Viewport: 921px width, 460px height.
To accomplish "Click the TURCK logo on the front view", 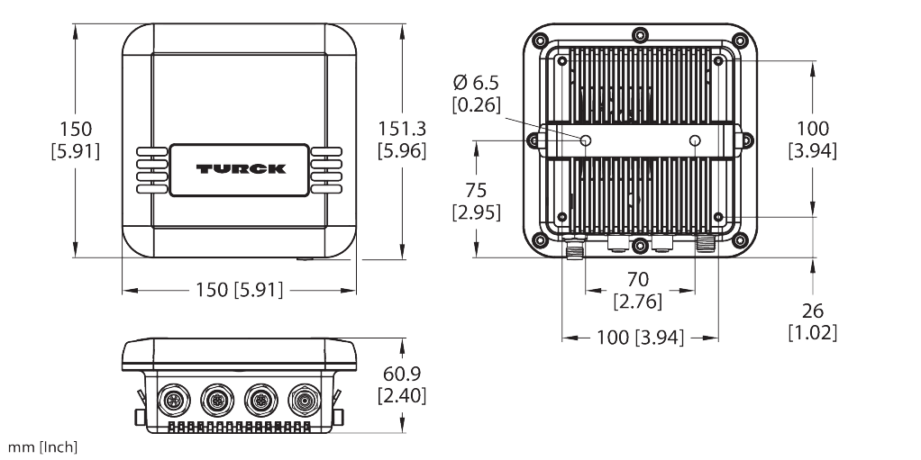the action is point(241,169).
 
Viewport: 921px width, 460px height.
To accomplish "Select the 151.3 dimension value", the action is point(402,129).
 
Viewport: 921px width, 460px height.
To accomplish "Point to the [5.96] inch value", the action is point(402,151).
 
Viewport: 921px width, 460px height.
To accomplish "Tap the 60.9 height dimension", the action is point(402,374).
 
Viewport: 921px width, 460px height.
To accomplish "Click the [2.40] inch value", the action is point(402,395).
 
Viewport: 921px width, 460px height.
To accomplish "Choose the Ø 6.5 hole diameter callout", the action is point(477,83).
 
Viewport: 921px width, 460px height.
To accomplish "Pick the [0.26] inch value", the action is point(477,105).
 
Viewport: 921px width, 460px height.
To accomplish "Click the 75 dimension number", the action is point(477,190).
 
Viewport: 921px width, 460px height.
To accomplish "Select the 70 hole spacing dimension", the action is point(638,279).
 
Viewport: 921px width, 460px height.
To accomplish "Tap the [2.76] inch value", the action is point(638,302).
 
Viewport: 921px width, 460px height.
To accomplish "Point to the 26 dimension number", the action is point(812,311).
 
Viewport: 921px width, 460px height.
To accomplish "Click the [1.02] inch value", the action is point(812,333).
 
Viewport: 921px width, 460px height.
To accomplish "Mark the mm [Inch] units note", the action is point(42,447).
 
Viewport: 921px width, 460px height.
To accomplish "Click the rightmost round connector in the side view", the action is point(305,401).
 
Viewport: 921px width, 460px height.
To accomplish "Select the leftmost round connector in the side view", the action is point(174,401).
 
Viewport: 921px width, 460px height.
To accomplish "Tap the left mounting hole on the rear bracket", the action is point(586,140).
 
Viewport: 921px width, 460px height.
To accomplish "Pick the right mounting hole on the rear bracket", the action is point(695,140).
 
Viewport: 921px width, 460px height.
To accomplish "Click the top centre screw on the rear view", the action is point(640,36).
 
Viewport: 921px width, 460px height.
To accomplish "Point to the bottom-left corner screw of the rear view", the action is point(541,240).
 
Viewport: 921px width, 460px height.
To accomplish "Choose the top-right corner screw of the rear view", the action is point(740,41).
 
